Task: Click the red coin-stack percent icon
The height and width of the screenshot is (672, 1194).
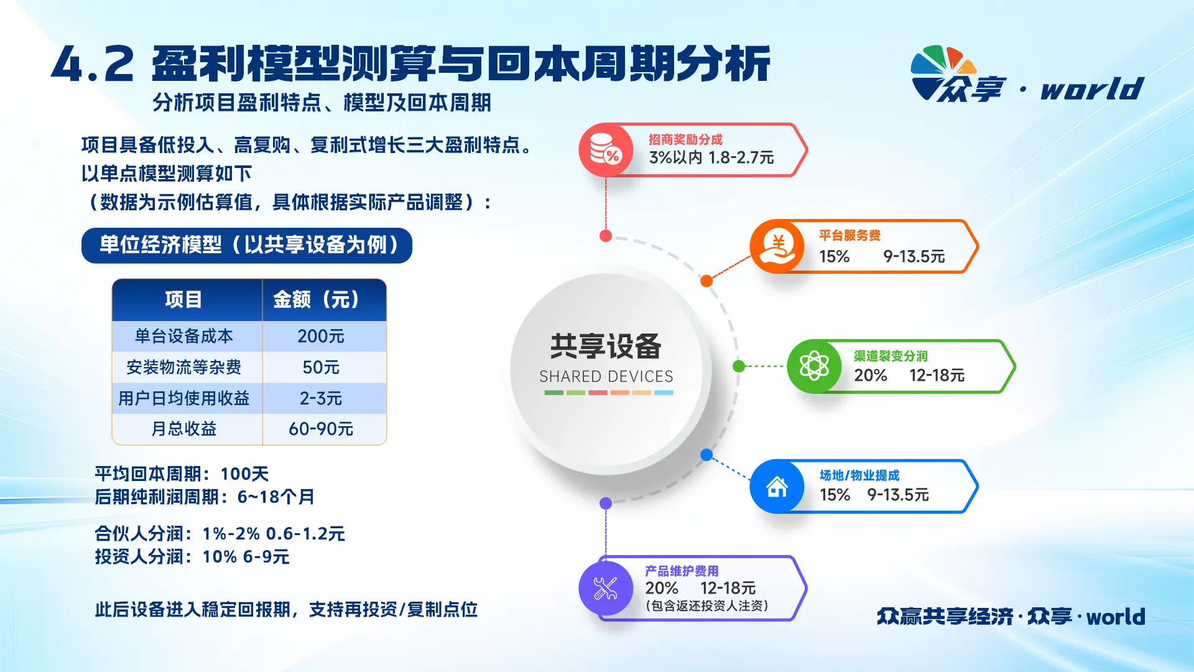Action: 606,150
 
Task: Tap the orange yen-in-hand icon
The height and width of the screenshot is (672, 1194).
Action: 777,246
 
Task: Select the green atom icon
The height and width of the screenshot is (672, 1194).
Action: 814,366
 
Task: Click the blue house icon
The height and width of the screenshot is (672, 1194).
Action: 777,487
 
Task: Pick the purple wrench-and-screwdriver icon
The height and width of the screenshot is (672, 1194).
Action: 606,588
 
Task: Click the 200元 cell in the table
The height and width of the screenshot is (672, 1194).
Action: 321,336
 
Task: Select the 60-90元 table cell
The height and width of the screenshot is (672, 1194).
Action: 321,429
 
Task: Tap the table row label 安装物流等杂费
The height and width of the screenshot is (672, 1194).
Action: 184,367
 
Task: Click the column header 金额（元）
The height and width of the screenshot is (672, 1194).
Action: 317,299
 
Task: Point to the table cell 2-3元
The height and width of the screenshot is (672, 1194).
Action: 321,398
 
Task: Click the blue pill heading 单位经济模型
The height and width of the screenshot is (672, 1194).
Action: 247,245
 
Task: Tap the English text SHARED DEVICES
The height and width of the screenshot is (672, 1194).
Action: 606,376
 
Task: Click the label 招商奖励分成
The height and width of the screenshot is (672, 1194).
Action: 685,139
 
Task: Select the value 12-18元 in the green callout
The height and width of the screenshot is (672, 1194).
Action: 937,375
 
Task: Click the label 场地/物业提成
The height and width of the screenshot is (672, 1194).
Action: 859,475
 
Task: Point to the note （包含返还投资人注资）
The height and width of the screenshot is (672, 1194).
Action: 707,605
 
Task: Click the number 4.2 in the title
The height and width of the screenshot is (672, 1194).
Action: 93,65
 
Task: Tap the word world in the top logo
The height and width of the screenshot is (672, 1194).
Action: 1093,88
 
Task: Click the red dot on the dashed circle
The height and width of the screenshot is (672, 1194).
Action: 606,236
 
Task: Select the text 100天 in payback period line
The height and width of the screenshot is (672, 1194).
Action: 245,474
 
